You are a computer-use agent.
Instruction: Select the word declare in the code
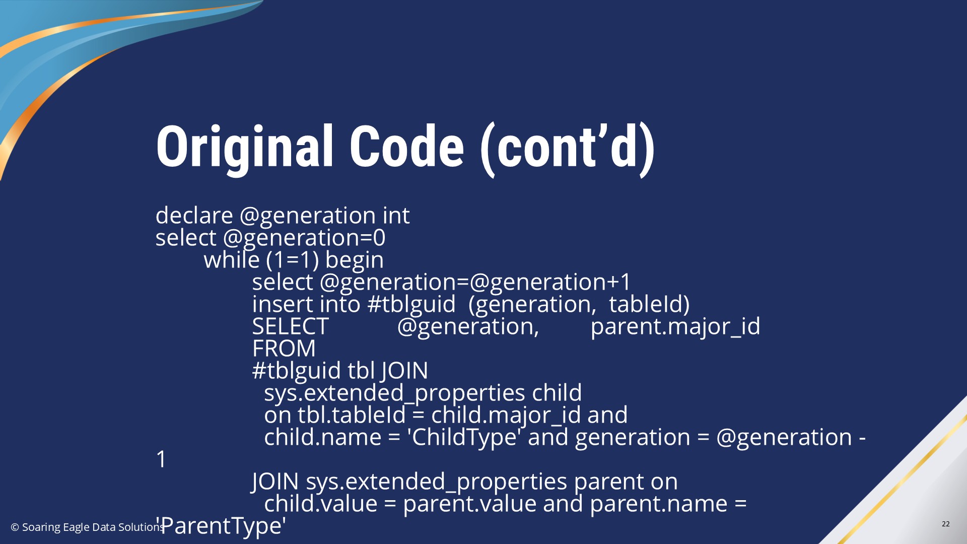click(194, 215)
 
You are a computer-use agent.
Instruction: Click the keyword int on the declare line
click(396, 215)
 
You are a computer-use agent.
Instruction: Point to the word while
click(232, 259)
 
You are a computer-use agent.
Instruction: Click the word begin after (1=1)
click(355, 260)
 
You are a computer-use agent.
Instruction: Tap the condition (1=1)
click(292, 260)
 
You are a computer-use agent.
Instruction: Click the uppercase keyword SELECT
click(291, 326)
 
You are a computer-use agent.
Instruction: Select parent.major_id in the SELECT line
click(675, 327)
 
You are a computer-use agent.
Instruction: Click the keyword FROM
click(284, 348)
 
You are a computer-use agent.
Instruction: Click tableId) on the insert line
click(649, 305)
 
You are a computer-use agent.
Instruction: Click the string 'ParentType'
click(221, 526)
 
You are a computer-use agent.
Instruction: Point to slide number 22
click(945, 524)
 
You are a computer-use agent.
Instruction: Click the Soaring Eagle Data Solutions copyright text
click(87, 527)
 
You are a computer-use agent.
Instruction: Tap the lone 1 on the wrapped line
click(161, 459)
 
